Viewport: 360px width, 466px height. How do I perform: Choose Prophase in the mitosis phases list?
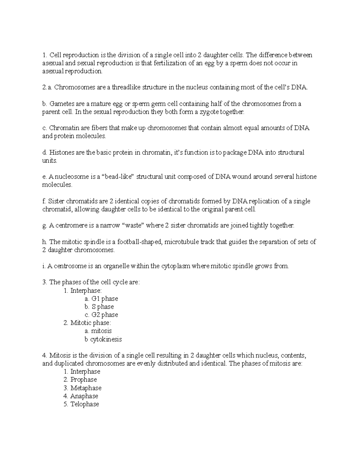(83, 380)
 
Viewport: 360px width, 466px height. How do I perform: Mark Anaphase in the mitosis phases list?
(84, 396)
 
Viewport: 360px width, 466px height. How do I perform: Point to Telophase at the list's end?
(85, 404)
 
